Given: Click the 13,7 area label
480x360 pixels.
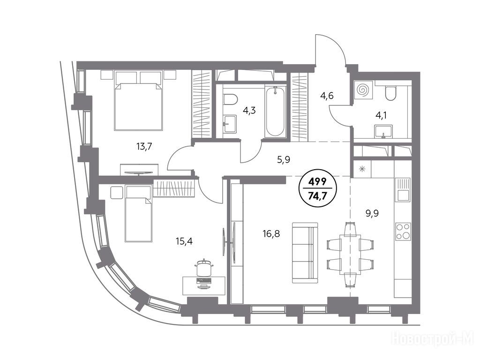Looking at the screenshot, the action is pos(144,147).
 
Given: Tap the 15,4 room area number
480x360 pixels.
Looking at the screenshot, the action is pos(184,241).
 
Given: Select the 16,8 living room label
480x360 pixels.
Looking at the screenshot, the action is pos(271,234).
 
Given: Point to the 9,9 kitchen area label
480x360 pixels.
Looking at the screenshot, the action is pos(372,213).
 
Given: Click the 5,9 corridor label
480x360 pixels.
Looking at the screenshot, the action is pos(284,159).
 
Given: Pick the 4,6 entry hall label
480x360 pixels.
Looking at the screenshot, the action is pos(327,96).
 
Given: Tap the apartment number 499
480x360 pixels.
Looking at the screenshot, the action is pos(317,182).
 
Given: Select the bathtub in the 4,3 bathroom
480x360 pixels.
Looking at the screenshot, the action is pos(275,112).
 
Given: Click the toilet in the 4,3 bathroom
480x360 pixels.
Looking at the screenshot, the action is pos(231,99).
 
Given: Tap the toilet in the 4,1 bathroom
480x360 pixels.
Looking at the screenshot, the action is pos(390,93).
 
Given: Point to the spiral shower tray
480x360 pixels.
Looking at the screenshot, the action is pos(364,90).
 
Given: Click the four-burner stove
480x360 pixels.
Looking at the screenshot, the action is pos(403,232).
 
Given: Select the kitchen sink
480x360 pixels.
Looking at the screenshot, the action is pos(403,190).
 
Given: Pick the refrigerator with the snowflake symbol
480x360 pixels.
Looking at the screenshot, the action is pos(362,169).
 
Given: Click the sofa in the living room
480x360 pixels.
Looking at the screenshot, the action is pos(305,253).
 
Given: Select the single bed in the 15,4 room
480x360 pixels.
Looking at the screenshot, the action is pos(138,213).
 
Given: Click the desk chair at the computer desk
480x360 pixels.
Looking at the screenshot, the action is pos(203,269).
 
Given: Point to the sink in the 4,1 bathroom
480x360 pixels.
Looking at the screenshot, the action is pos(383,131).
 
